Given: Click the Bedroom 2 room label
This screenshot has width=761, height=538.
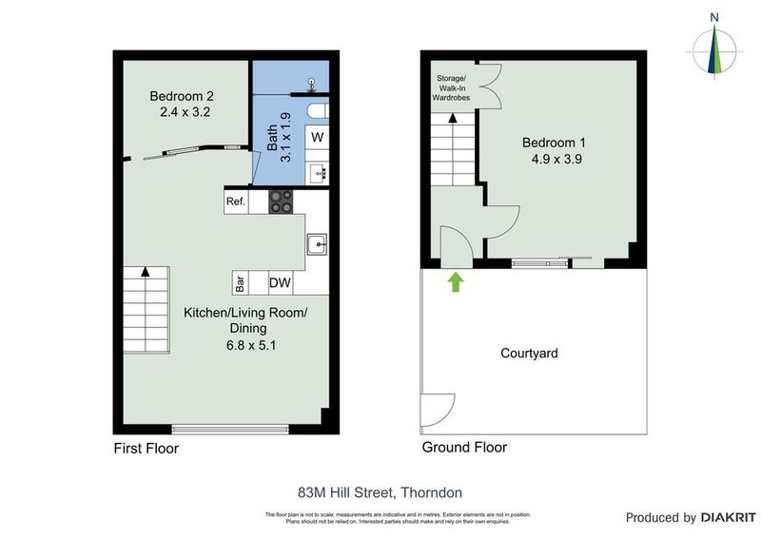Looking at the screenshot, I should coord(180,104).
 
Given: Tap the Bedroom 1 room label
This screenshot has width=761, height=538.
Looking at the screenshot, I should coord(552,151).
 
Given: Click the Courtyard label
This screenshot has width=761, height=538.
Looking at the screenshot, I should coord(529,354).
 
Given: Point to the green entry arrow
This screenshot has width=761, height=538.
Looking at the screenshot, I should coord(456,281).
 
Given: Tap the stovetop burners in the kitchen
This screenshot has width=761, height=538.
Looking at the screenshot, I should coord(282,202).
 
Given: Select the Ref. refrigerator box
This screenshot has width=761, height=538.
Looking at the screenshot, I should coord(236,202).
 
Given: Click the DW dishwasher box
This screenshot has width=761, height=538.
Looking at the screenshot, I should coord(280,282).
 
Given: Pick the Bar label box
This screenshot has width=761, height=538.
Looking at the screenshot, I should coord(242,282).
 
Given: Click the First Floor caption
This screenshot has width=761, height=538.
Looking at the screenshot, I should coord(146,448).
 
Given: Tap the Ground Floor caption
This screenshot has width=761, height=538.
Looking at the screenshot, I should coord(464,448).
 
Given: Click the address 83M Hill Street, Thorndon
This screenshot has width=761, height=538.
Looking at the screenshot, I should coord(380,492).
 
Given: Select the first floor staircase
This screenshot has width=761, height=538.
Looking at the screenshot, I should coord(146,309).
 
